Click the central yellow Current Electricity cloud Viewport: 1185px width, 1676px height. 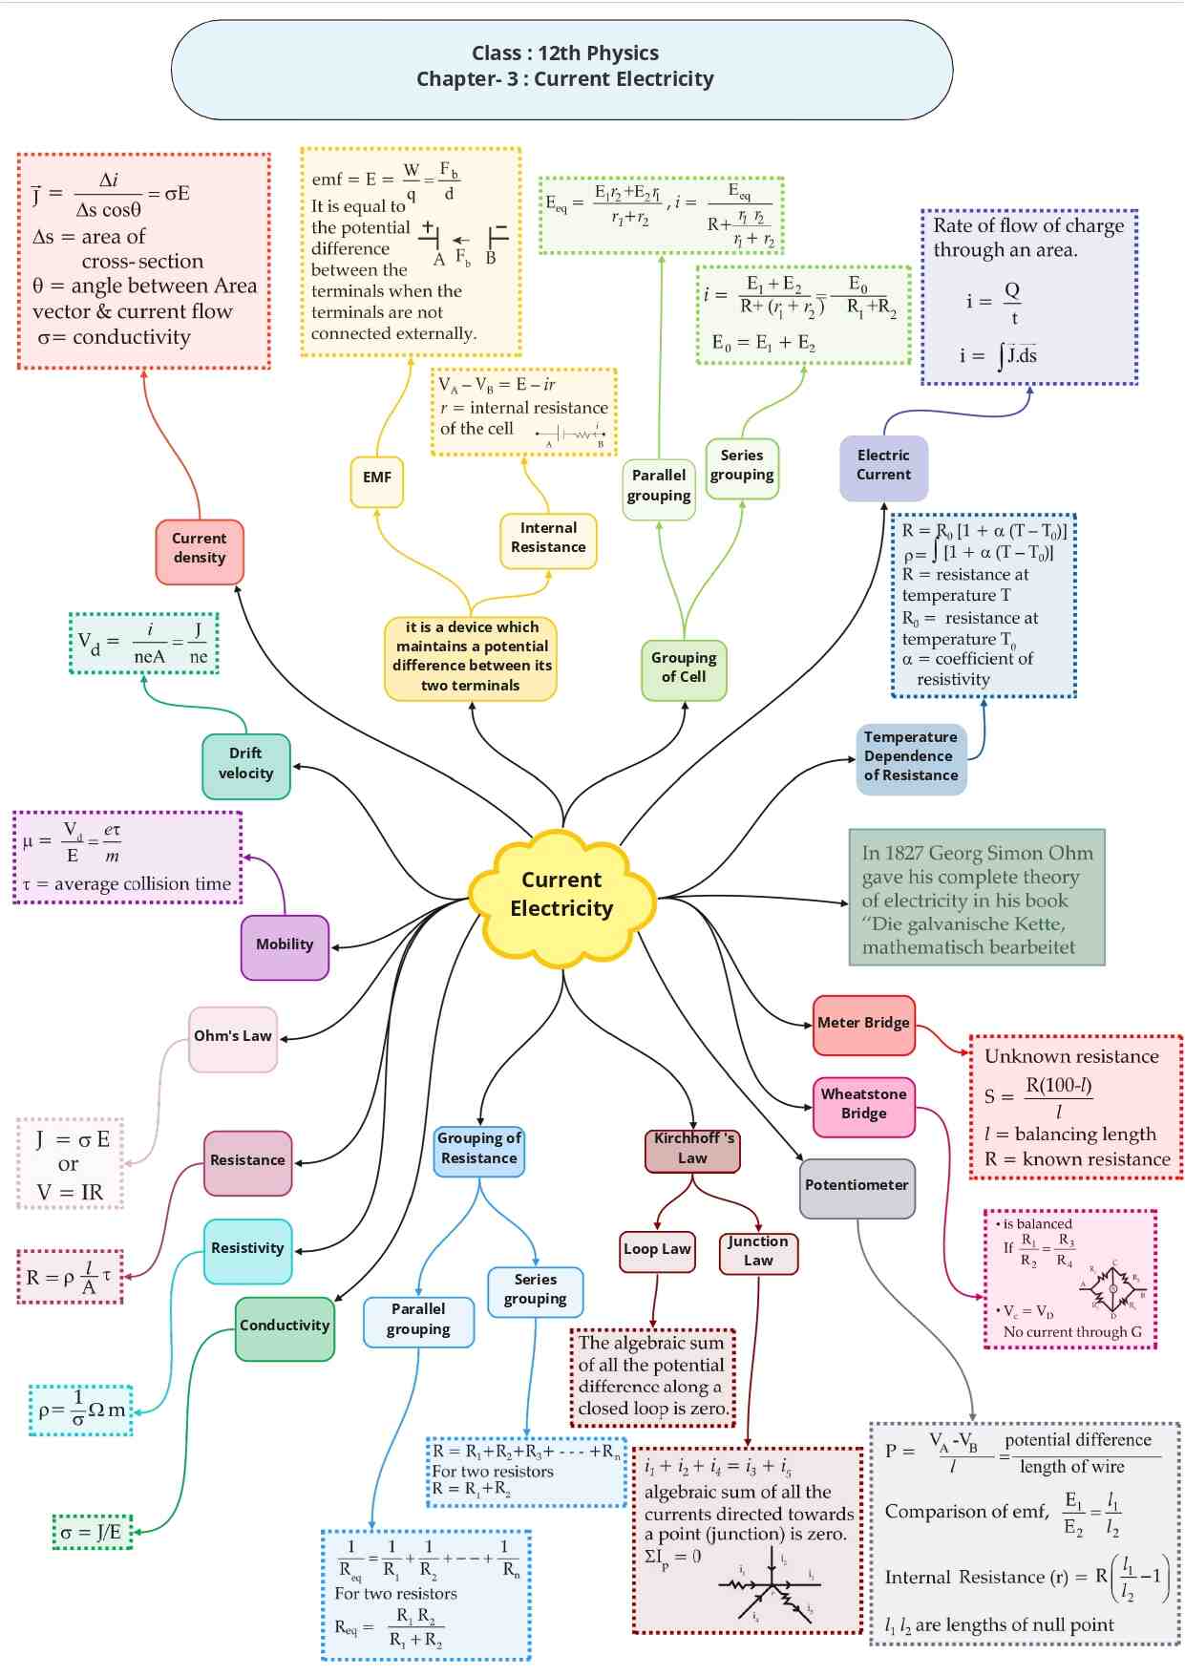pyautogui.click(x=561, y=894)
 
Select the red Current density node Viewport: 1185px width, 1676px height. pyautogui.click(x=200, y=549)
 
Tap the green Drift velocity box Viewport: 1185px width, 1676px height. pyautogui.click(x=246, y=764)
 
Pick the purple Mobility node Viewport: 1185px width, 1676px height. pyautogui.click(x=285, y=945)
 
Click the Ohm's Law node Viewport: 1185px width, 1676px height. pyautogui.click(x=233, y=1037)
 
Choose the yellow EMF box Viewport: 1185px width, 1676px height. pyautogui.click(x=376, y=478)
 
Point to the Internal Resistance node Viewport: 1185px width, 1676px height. pyautogui.click(x=548, y=539)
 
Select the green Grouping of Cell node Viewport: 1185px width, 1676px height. pyautogui.click(x=684, y=668)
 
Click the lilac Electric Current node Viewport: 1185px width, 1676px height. pyautogui.click(x=883, y=466)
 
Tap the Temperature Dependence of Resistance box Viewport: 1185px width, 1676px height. pyautogui.click(x=911, y=756)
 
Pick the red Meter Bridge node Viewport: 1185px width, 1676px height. pyautogui.click(x=863, y=1024)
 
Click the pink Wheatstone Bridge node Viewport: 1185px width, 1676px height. pyautogui.click(x=863, y=1105)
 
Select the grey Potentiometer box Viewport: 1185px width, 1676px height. pyautogui.click(x=857, y=1186)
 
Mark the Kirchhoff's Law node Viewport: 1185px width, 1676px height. pyautogui.click(x=692, y=1149)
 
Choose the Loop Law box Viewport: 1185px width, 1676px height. pyautogui.click(x=657, y=1250)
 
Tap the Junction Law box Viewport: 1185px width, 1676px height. pyautogui.click(x=758, y=1252)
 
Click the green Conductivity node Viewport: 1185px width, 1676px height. pyautogui.click(x=285, y=1326)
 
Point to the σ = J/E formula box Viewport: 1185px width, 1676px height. pyautogui.click(x=92, y=1533)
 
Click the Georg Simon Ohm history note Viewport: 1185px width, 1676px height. pyautogui.click(x=976, y=898)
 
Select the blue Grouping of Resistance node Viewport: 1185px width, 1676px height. pyautogui.click(x=478, y=1150)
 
